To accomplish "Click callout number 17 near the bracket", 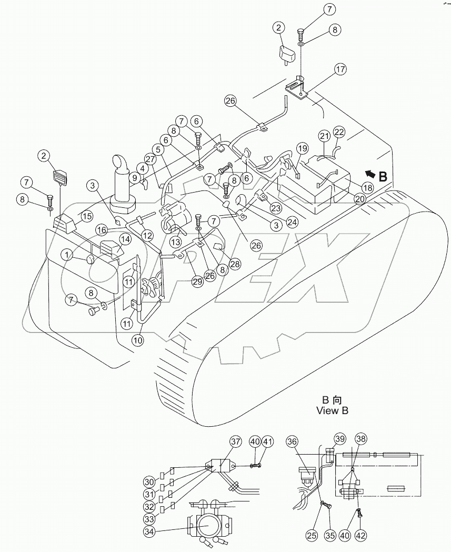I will point(340,68).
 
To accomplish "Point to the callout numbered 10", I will point(137,340).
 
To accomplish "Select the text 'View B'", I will point(332,410).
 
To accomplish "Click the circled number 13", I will point(175,241).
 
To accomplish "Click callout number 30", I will point(149,481).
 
